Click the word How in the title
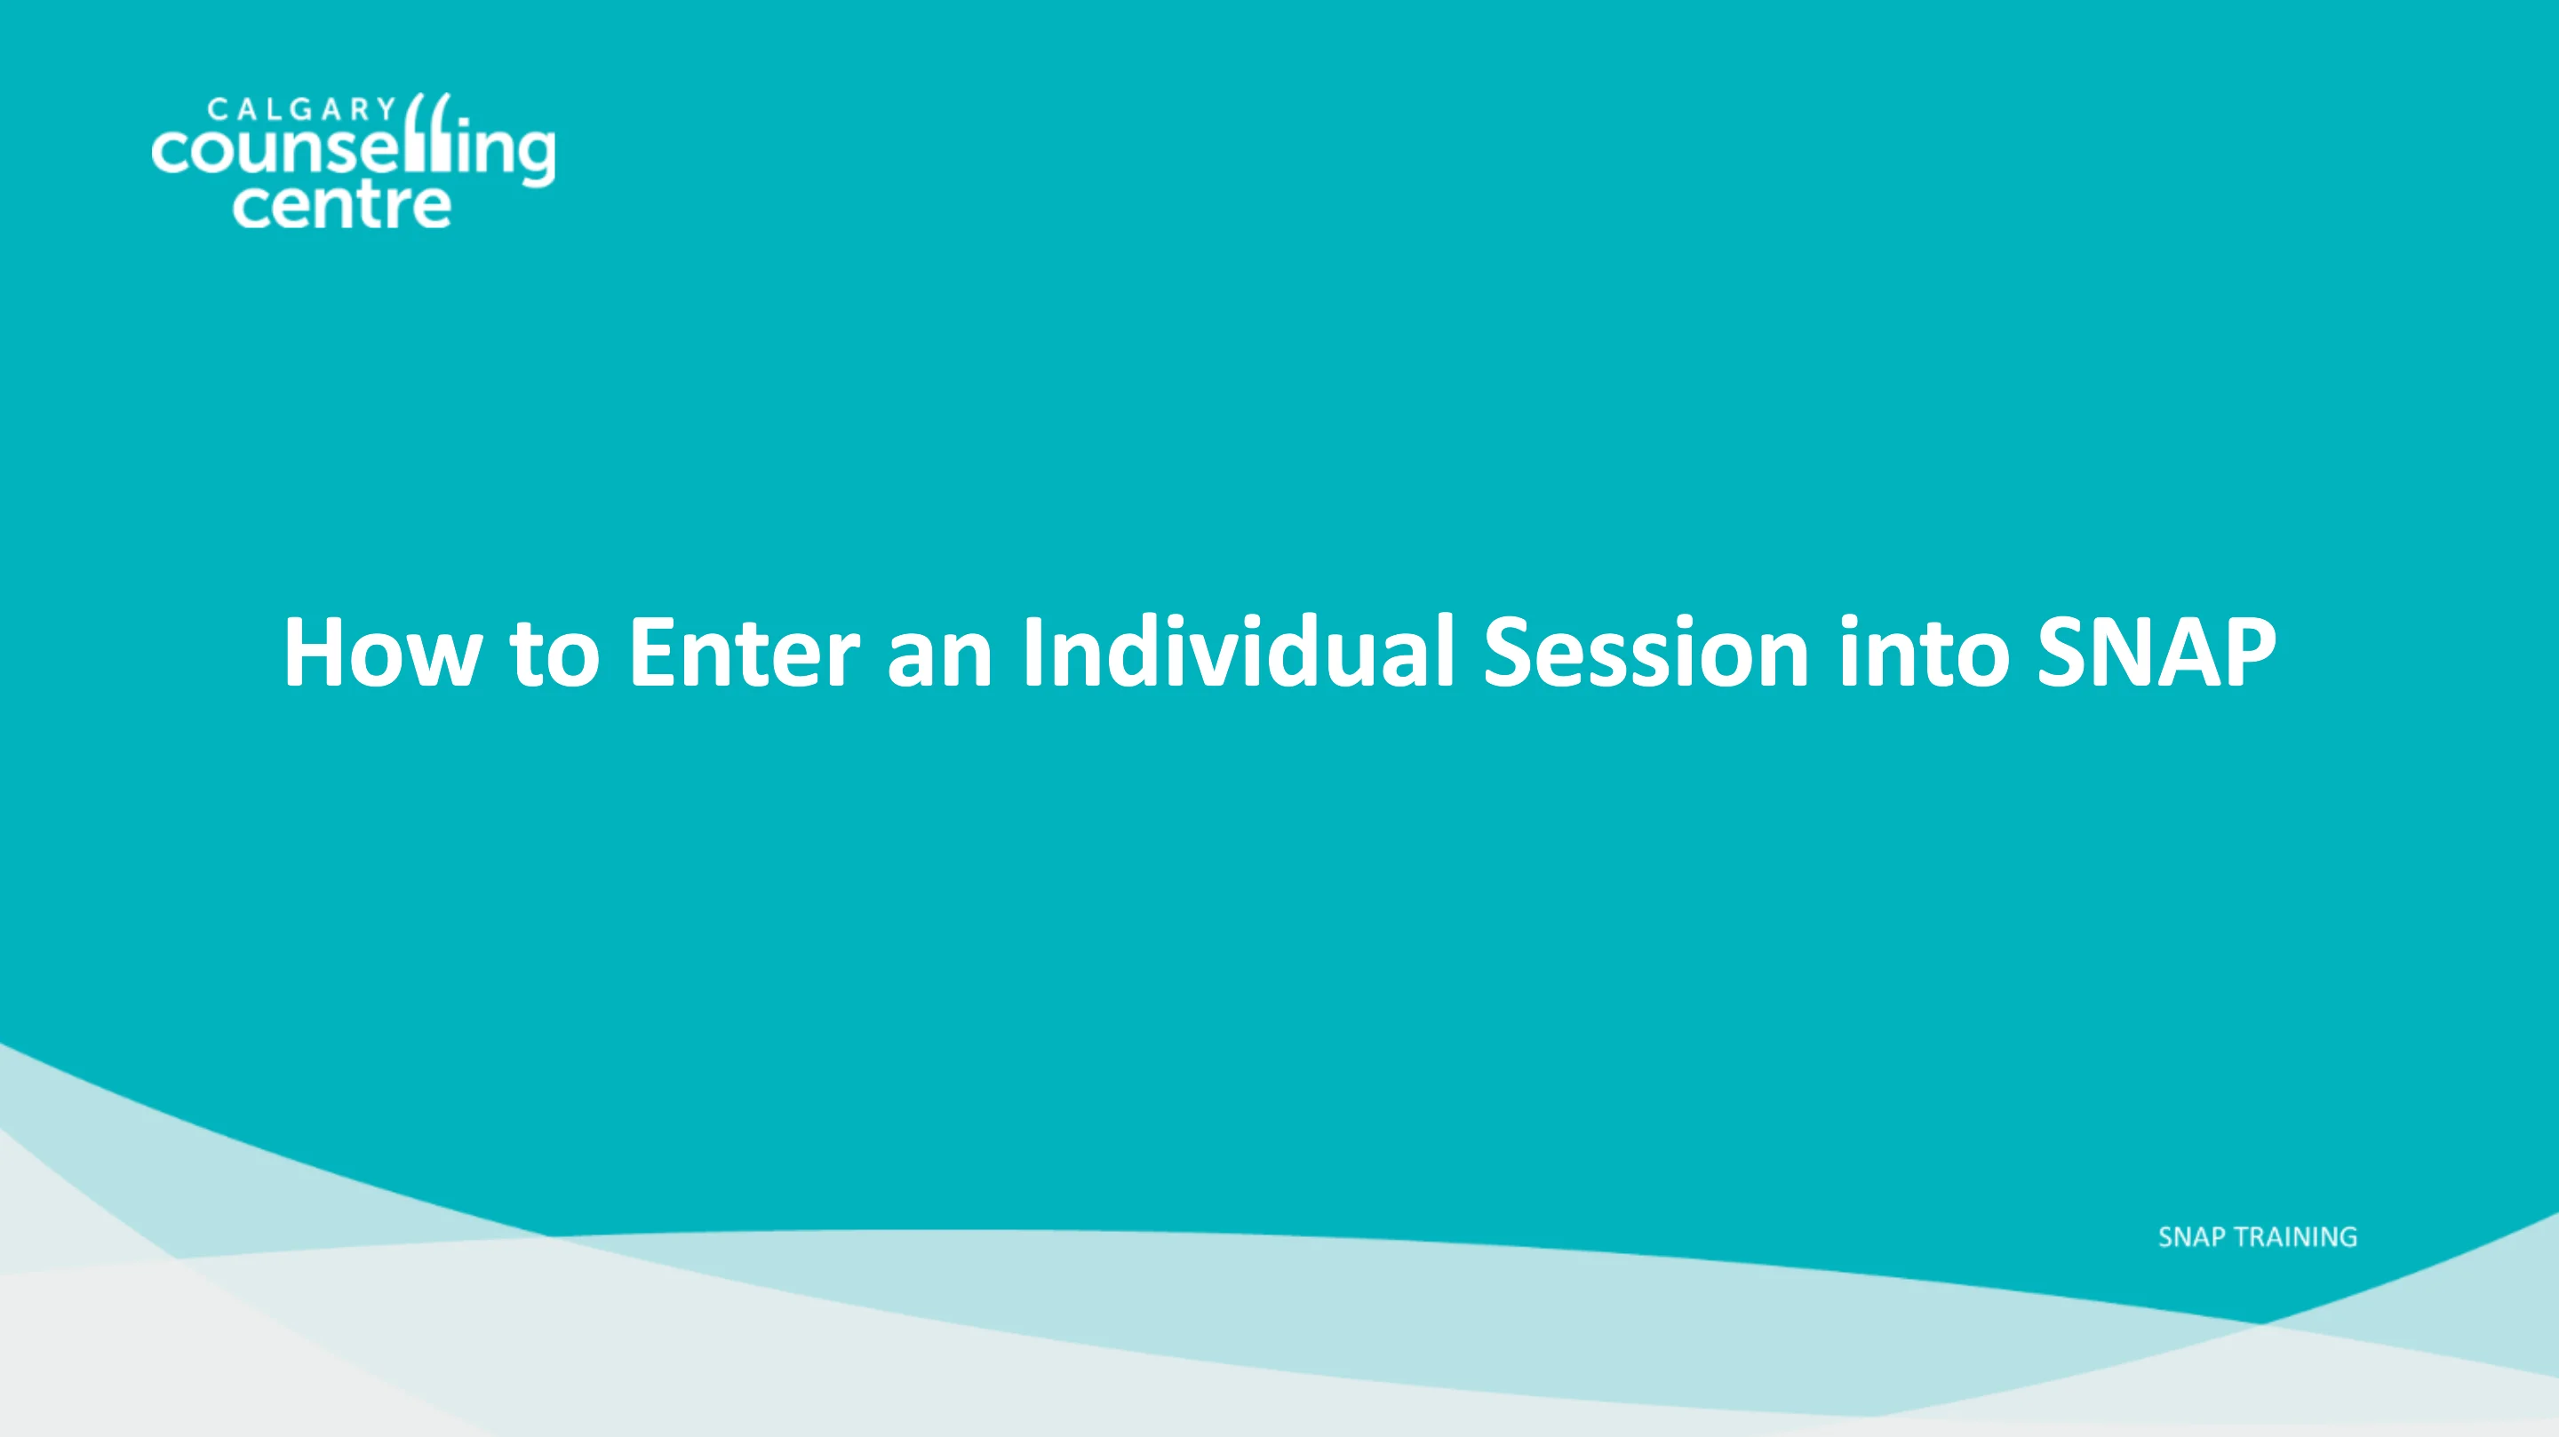382,653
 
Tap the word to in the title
554,653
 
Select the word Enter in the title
744,653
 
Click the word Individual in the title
1238,653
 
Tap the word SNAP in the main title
2156,653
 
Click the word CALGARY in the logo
302,108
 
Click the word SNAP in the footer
2191,1237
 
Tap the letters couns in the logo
259,152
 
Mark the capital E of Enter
653,653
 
